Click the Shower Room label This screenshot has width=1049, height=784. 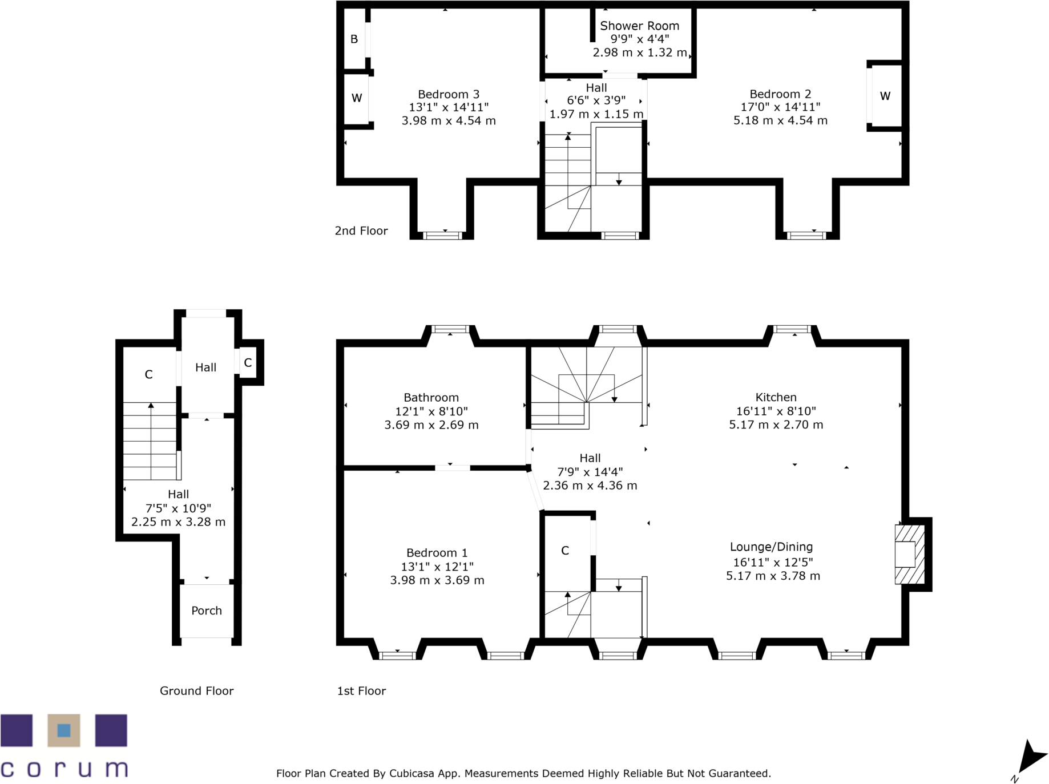[x=639, y=26]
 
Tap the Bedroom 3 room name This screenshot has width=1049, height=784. [x=449, y=94]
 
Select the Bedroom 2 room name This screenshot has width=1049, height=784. [x=780, y=94]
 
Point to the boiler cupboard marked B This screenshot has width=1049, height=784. [x=354, y=39]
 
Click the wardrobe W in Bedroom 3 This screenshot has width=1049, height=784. [x=357, y=98]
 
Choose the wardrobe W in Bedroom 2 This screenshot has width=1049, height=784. [x=885, y=96]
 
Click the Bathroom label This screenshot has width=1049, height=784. [x=431, y=398]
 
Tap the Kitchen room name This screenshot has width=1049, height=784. [x=776, y=397]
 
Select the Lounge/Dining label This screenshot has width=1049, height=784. [x=771, y=547]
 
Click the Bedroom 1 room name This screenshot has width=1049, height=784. [x=437, y=553]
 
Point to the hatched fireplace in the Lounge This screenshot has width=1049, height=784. [x=910, y=554]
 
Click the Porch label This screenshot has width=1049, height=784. [x=207, y=611]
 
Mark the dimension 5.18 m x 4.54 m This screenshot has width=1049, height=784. [x=780, y=120]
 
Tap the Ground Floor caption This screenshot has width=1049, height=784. [x=196, y=691]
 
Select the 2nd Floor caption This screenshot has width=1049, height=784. [x=361, y=231]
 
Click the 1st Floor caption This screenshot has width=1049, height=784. [x=361, y=691]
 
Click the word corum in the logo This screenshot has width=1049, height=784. [x=64, y=769]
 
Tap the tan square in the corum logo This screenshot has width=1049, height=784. [x=64, y=730]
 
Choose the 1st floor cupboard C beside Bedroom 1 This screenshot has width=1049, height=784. [x=565, y=551]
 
